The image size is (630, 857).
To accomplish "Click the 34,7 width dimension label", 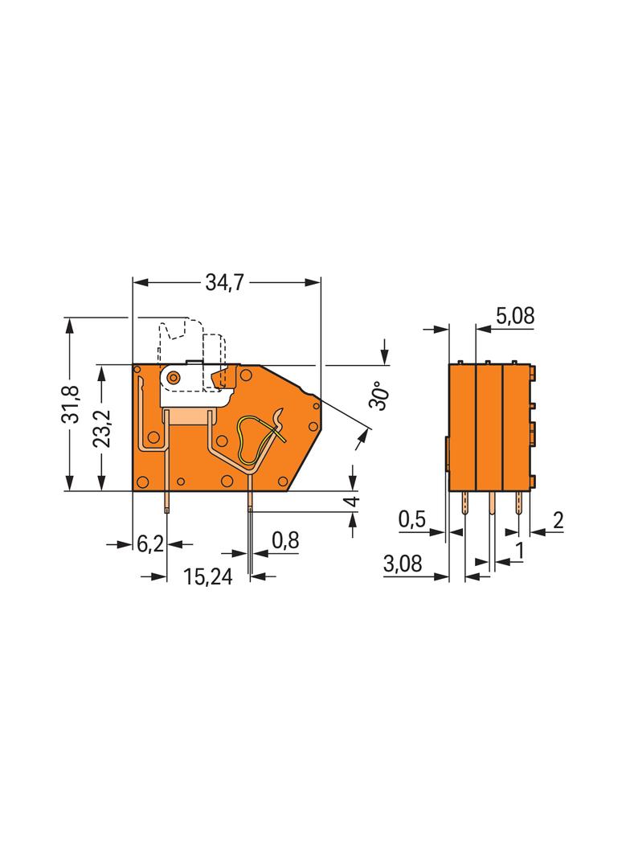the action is coord(224,282).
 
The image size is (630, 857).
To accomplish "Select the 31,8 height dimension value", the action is coord(71,404).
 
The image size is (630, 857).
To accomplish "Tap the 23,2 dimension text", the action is coord(101,428).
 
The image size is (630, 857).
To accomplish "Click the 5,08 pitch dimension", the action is coord(515,316).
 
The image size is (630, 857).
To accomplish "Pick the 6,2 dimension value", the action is coord(149,543).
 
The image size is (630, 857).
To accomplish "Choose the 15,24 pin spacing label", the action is coord(207,576).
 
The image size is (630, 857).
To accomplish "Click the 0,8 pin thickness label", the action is coord(285,540).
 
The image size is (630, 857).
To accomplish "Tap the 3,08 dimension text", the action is coord(403,564).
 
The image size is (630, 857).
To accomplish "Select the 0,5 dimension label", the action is coord(412,519).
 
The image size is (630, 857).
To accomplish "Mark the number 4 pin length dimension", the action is coord(354,501).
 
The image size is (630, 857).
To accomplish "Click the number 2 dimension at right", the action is coord(558,520).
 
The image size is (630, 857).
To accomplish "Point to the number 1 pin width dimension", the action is coord(520,551).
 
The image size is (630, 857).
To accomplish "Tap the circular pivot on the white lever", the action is coord(174,376).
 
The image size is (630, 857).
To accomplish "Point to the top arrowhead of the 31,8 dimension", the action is coord(69,326).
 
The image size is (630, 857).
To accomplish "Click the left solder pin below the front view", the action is coord(166,502).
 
